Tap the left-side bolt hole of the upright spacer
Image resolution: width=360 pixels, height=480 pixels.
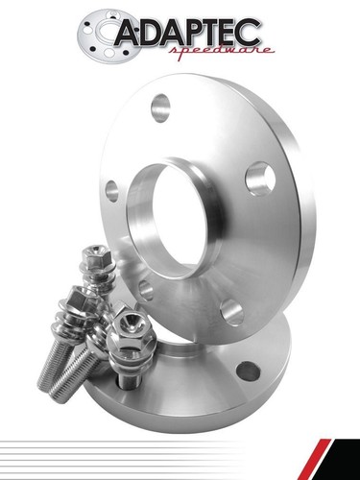tap(112, 190)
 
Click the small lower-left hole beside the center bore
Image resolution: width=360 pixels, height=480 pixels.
tap(145, 289)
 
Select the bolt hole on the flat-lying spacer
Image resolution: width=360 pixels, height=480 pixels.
tap(248, 371)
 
